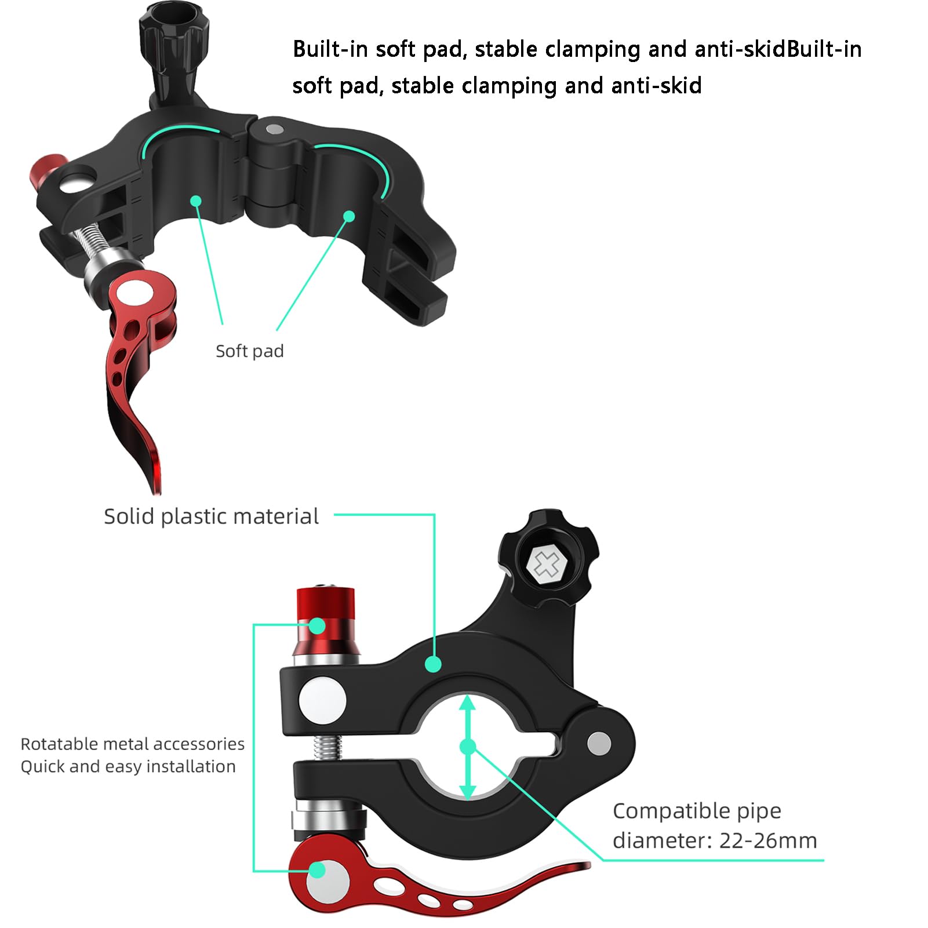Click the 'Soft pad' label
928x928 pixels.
point(249,351)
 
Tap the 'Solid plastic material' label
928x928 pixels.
point(211,516)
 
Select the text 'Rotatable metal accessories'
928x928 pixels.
point(132,744)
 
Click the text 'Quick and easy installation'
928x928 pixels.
point(128,766)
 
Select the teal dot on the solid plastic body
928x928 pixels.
point(432,664)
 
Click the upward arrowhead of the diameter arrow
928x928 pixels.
point(467,703)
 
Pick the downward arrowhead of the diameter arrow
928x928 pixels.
point(467,792)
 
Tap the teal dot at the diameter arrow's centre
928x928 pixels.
point(467,747)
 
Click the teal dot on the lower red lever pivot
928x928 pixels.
point(317,870)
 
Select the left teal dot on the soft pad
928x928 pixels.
point(196,201)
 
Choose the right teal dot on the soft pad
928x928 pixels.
point(349,216)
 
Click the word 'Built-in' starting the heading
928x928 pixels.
point(330,49)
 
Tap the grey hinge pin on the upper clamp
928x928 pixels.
point(274,128)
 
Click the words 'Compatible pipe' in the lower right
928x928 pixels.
point(697,811)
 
